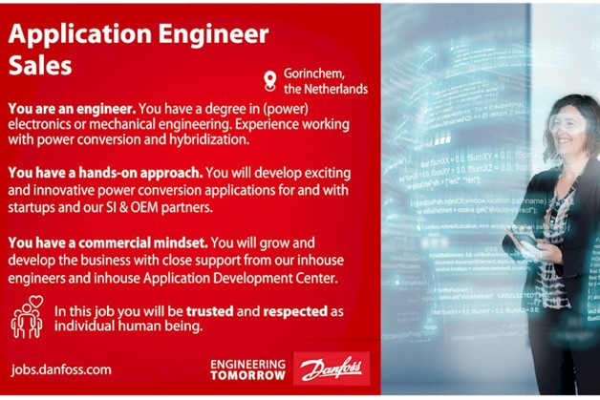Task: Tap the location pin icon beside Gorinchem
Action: tap(269, 80)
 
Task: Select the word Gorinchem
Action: tap(315, 73)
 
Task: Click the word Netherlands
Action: tap(335, 89)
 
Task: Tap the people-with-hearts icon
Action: tap(27, 318)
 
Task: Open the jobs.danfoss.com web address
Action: tap(61, 368)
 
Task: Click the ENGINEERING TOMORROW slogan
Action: tap(246, 368)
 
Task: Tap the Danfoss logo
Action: tap(331, 368)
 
